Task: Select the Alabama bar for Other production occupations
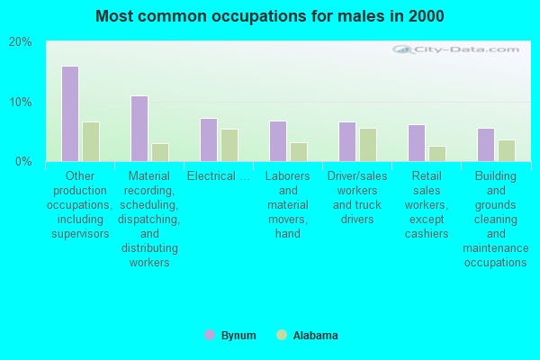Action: pyautogui.click(x=91, y=141)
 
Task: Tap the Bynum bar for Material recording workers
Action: pyautogui.click(x=139, y=129)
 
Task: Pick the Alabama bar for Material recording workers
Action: pyautogui.click(x=160, y=152)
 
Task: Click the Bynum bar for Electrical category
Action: pyautogui.click(x=209, y=139)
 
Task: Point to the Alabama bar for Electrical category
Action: pyautogui.click(x=229, y=145)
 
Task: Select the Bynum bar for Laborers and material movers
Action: pyautogui.click(x=278, y=141)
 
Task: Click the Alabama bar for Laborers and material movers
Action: pyautogui.click(x=299, y=152)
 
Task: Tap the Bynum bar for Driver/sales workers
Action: pyautogui.click(x=347, y=141)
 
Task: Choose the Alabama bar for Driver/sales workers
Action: pyautogui.click(x=368, y=145)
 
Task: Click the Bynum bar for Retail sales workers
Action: pyautogui.click(x=417, y=143)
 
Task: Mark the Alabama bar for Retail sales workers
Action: pyautogui.click(x=437, y=154)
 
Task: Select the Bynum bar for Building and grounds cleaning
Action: pyautogui.click(x=486, y=145)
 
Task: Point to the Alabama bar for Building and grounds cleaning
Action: pyautogui.click(x=507, y=150)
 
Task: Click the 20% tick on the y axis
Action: pyautogui.click(x=21, y=42)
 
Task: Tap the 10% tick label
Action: pyautogui.click(x=21, y=102)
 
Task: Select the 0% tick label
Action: pyautogui.click(x=23, y=161)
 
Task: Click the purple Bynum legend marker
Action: pyautogui.click(x=210, y=335)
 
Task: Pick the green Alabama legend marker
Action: pyautogui.click(x=282, y=335)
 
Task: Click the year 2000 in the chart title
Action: pyautogui.click(x=426, y=16)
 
